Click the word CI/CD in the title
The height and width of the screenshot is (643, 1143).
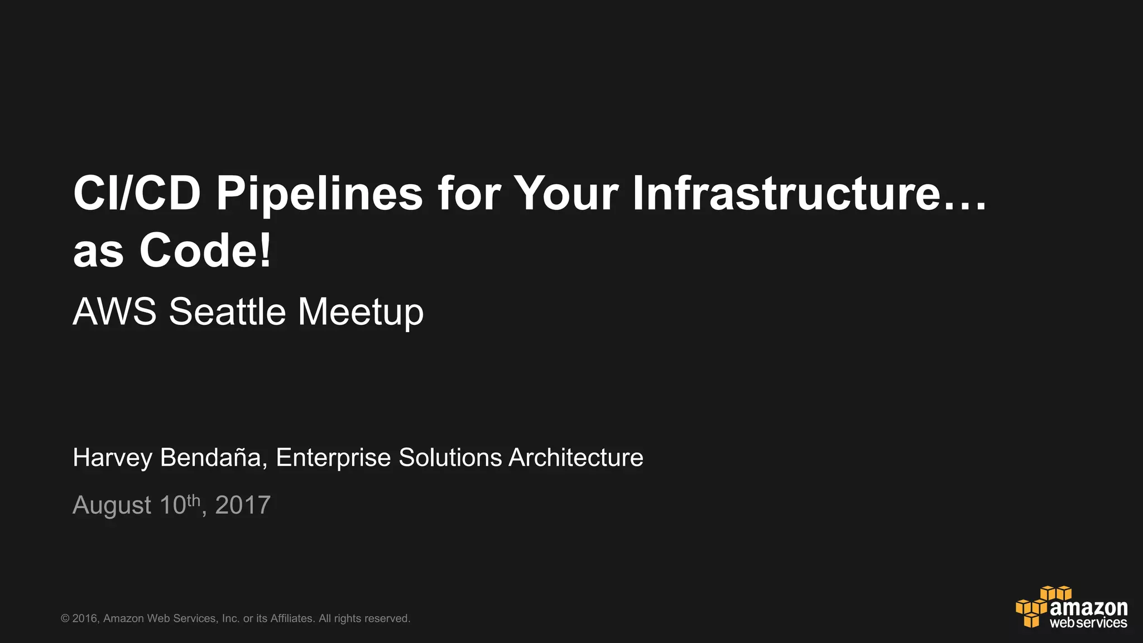click(137, 193)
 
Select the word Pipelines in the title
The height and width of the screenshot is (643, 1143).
click(319, 193)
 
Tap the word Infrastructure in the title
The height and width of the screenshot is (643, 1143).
click(787, 193)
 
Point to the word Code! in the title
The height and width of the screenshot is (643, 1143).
click(205, 251)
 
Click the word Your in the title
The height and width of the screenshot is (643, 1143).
click(566, 193)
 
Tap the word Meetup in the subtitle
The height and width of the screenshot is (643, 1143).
click(361, 313)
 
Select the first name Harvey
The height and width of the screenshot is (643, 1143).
click(112, 458)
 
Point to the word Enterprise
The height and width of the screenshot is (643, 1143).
click(333, 458)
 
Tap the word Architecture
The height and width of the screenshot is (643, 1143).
click(576, 458)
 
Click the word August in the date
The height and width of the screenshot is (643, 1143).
click(112, 506)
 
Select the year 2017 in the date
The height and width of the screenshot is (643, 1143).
click(243, 505)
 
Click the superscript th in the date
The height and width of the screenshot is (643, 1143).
click(193, 500)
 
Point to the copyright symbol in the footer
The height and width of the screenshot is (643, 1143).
click(65, 618)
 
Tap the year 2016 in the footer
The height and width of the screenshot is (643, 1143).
click(85, 618)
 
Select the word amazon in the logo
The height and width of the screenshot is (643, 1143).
click(1088, 607)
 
